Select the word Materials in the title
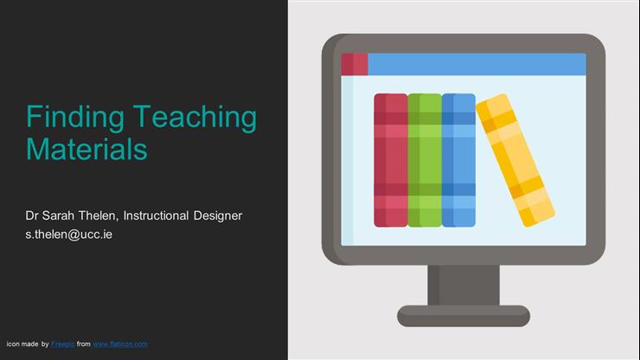pyautogui.click(x=86, y=148)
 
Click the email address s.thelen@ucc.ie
pyautogui.click(x=69, y=234)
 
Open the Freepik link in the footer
pyautogui.click(x=62, y=344)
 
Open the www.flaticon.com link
pyautogui.click(x=120, y=344)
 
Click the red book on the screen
pyautogui.click(x=390, y=160)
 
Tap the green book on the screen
pyautogui.click(x=424, y=160)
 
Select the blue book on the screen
pyautogui.click(x=458, y=160)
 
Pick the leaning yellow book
pyautogui.click(x=515, y=160)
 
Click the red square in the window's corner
pyautogui.click(x=354, y=64)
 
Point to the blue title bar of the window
pyautogui.click(x=476, y=64)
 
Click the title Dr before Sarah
pyautogui.click(x=34, y=215)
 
